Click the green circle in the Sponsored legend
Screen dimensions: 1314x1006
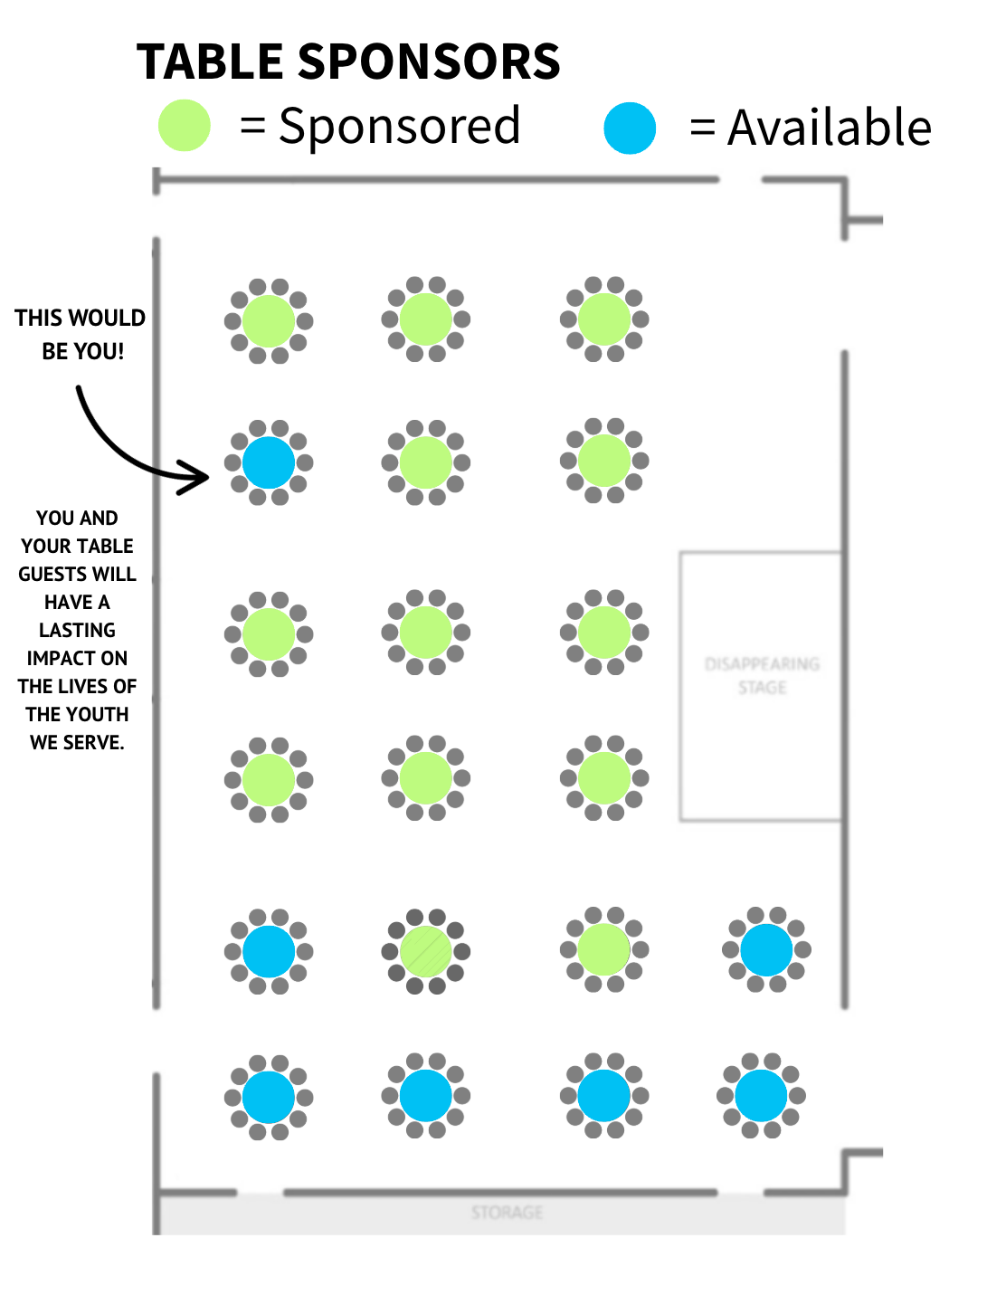[x=185, y=125]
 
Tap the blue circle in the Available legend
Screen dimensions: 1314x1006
[x=630, y=128]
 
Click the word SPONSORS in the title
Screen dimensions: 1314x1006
[x=429, y=62]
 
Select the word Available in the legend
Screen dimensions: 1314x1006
[x=830, y=128]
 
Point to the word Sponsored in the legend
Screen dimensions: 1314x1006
[x=399, y=126]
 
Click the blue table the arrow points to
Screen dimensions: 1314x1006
[x=269, y=462]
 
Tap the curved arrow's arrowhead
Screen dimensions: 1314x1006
[x=197, y=476]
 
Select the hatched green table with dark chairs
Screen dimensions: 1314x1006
[x=425, y=951]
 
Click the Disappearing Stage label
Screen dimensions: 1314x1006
[x=762, y=675]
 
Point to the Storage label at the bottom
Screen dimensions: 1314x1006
[x=507, y=1212]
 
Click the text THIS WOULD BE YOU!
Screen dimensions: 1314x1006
[x=81, y=334]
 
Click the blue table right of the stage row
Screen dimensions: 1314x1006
[x=766, y=950]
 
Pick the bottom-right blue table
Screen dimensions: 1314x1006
[x=761, y=1095]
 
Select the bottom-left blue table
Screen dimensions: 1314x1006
[x=269, y=1097]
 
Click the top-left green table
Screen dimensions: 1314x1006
[x=269, y=321]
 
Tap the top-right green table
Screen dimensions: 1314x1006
[x=603, y=319]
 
